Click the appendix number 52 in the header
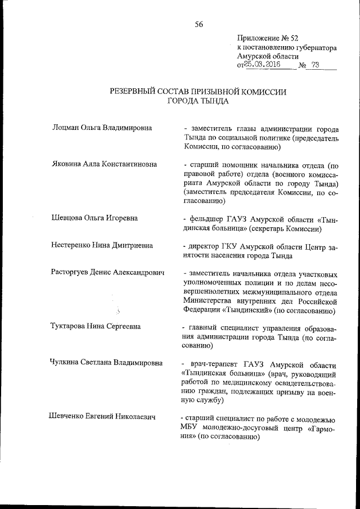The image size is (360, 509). pos(291,38)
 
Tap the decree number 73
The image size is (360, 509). pos(314,65)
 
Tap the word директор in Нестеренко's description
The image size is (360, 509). pos(208,246)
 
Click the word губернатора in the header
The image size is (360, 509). pos(314,48)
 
